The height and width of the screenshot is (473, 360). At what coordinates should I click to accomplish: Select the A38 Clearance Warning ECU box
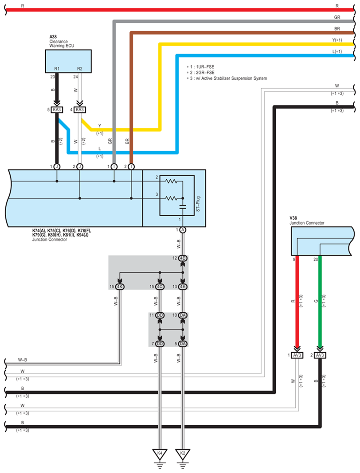click(68, 61)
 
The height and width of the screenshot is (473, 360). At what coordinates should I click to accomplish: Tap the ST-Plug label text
click(198, 204)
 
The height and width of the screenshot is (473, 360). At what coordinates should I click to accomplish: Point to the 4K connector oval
click(120, 287)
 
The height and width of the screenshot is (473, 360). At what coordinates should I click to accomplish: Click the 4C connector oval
click(160, 287)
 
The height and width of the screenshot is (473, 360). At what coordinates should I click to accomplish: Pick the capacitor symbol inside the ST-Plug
click(182, 207)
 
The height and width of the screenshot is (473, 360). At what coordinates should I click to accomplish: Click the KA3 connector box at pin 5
click(57, 110)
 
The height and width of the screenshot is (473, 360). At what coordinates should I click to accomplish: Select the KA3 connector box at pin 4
click(80, 110)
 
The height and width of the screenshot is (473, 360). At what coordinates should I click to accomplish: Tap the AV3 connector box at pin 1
click(297, 355)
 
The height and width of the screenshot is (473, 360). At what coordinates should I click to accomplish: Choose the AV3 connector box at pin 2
click(320, 355)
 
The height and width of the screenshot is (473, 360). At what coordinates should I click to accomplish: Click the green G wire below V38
click(320, 302)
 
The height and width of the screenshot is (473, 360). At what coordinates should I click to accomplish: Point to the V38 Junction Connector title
click(307, 221)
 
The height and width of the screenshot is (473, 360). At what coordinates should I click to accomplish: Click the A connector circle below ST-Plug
click(182, 230)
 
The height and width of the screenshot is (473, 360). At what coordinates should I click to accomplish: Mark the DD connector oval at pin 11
click(160, 315)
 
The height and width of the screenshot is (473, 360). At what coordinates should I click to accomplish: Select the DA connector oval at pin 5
click(182, 344)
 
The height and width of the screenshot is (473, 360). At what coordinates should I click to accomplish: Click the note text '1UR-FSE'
click(205, 67)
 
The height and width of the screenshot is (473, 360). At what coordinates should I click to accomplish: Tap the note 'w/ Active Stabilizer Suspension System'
click(231, 78)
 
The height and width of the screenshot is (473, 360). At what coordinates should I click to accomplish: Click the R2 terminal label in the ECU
click(80, 69)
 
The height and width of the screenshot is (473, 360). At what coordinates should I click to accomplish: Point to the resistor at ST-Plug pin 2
click(171, 181)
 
